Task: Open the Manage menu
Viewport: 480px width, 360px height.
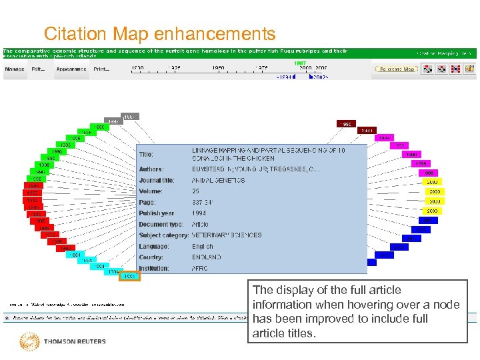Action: [x=15, y=69]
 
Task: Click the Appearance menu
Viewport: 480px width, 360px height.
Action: [x=71, y=69]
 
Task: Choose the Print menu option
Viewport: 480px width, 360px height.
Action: [x=102, y=69]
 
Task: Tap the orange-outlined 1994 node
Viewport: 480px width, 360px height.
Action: [x=129, y=276]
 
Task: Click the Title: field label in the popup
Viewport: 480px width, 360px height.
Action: [x=146, y=155]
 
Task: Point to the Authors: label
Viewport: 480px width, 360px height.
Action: [x=151, y=169]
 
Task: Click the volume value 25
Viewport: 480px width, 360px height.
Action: [x=195, y=191]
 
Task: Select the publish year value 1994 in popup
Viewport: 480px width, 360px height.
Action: [x=199, y=213]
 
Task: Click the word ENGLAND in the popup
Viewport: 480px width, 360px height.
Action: [x=207, y=257]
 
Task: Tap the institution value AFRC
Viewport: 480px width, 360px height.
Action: [x=200, y=269]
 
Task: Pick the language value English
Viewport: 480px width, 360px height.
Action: [x=203, y=247]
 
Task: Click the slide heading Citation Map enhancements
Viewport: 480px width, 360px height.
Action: [x=159, y=33]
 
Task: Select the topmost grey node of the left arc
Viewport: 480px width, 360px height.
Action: [x=131, y=117]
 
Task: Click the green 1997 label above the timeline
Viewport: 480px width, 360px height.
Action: [x=299, y=63]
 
